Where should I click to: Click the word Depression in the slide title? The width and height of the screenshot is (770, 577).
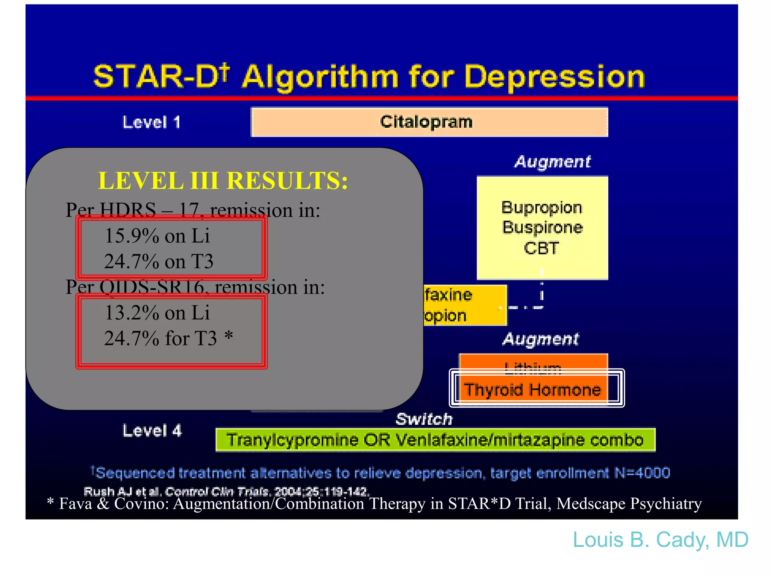coord(555,77)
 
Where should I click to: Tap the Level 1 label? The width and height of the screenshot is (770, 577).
coord(152,122)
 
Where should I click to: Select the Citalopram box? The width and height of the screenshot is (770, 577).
coord(429,122)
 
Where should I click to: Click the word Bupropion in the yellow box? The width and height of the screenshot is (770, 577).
coord(542,208)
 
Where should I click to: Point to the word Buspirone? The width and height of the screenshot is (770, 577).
coord(543,228)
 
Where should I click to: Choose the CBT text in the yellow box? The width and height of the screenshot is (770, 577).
coord(541,248)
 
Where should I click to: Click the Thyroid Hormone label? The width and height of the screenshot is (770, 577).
coord(532,390)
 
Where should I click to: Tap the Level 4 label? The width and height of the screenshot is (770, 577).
coord(152,431)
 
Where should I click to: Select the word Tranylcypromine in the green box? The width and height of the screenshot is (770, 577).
coord(293,440)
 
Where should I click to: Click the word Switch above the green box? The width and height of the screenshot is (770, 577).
coord(424,419)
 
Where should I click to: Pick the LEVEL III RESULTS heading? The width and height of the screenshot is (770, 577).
coord(223,181)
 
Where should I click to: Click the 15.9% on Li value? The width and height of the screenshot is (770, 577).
coord(157,236)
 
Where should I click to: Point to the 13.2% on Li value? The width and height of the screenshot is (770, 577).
coord(157,313)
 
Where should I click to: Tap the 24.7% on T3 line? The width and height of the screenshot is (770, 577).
coord(158,261)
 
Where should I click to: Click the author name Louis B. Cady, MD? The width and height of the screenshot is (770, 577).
coord(660,540)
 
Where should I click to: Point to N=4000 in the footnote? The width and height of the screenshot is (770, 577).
coord(642,473)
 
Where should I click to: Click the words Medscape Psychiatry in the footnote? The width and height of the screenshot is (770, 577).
coord(629,504)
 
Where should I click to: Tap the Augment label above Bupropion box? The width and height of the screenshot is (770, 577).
coord(552,162)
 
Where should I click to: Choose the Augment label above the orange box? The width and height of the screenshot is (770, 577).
coord(541,339)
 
